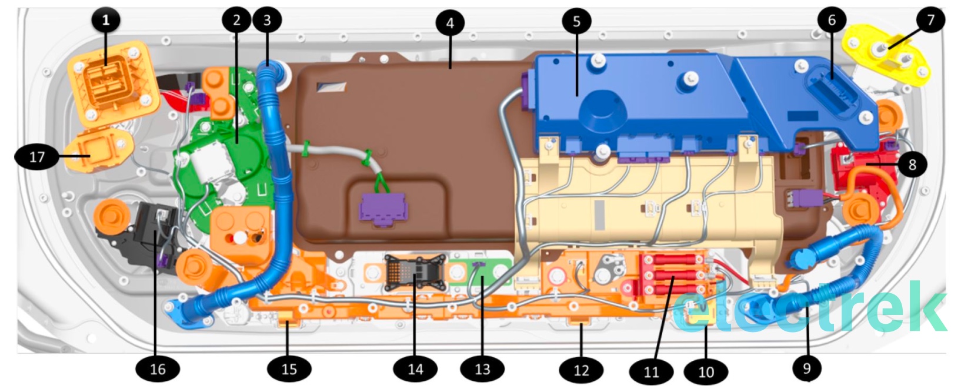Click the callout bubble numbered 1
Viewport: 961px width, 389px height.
point(106,21)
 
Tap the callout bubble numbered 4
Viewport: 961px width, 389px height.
point(450,24)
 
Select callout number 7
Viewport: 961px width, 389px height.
point(930,21)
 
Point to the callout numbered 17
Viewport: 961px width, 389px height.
point(36,157)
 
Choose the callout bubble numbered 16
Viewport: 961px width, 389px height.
point(158,369)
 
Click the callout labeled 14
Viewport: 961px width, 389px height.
point(415,369)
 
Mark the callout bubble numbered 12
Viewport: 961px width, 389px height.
point(581,370)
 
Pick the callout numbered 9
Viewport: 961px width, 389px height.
point(806,368)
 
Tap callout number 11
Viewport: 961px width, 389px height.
point(651,371)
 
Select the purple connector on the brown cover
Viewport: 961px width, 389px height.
point(382,208)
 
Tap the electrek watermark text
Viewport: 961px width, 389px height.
point(812,308)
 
